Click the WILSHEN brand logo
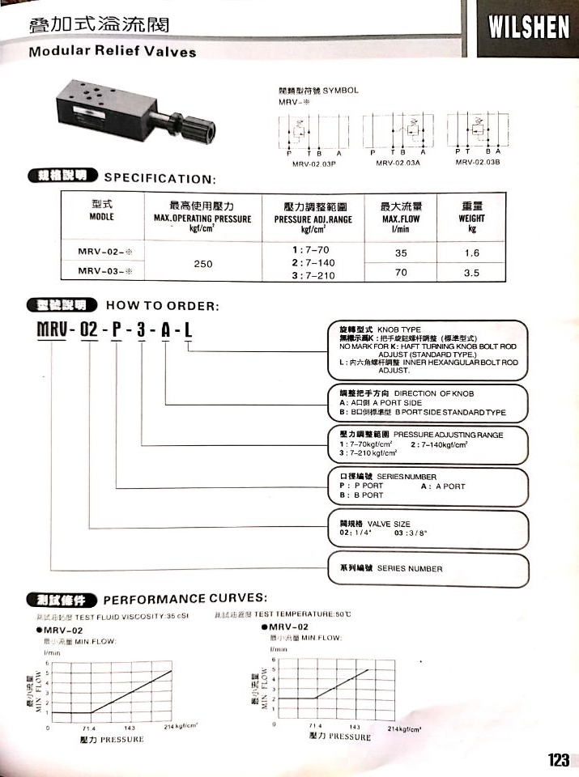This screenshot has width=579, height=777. pos(529,29)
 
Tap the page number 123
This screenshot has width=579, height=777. pos(558,760)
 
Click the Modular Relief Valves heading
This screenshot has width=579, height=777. pos(113,53)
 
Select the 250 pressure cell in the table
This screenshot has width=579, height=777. pos(202,263)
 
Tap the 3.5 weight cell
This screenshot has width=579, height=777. pos(471,274)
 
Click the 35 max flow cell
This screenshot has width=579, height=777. pos(400,253)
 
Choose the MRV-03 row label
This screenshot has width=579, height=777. pos(104,274)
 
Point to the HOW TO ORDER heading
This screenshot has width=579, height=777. pos(163,306)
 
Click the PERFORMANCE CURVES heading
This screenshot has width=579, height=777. pos(185,599)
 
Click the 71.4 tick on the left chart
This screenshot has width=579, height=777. pos(88,728)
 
